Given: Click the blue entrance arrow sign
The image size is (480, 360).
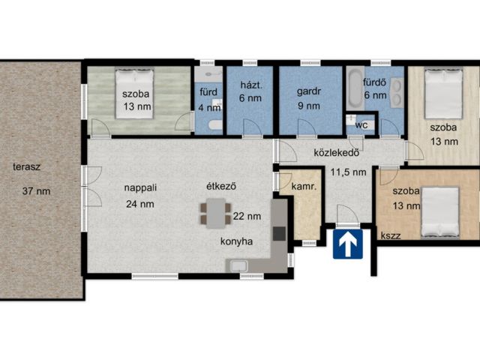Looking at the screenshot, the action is click(x=348, y=244).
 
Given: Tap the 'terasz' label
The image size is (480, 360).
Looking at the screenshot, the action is click(x=27, y=167).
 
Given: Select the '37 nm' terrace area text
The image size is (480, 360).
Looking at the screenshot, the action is click(x=36, y=191).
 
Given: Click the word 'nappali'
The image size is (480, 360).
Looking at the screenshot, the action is click(x=140, y=187).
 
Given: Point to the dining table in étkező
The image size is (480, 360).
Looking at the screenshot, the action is click(x=215, y=213).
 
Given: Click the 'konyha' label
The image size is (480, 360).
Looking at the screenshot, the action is click(x=237, y=241).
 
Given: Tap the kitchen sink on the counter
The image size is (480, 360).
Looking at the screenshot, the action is click(x=238, y=265).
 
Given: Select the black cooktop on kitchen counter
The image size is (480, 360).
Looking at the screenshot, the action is click(x=279, y=233).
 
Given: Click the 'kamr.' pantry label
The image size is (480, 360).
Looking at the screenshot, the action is click(x=304, y=186).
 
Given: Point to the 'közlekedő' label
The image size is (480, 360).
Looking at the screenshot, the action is click(x=337, y=152).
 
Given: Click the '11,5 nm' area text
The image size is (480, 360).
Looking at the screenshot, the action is click(x=348, y=172).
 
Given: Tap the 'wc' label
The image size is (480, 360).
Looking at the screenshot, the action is click(x=361, y=125).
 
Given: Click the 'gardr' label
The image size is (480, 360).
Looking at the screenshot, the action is click(x=308, y=91).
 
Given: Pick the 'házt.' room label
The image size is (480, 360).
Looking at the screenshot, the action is click(x=251, y=85).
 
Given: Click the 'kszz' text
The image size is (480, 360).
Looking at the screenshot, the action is click(x=391, y=235).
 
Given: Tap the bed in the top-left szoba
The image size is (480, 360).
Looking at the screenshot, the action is click(x=134, y=94).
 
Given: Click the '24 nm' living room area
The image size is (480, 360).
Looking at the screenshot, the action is click(x=140, y=204).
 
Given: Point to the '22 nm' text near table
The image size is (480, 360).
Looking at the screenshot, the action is click(x=247, y=217).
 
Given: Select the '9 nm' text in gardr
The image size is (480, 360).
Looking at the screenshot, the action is click(x=309, y=106).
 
